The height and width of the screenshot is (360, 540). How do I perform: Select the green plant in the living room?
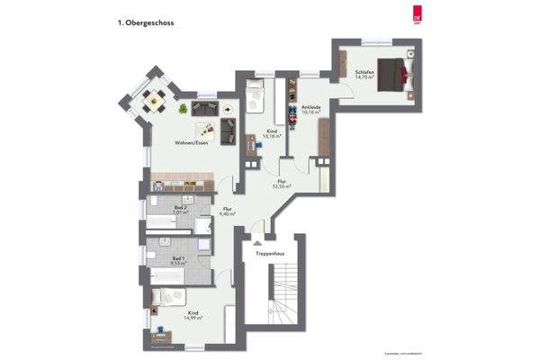point(184,109)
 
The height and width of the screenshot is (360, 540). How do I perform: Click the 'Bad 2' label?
point(181,208)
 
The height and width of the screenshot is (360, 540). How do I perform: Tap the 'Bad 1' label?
point(179,258)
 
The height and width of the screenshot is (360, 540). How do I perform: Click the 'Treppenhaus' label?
point(269,253)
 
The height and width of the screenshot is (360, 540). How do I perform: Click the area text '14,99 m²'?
point(193,317)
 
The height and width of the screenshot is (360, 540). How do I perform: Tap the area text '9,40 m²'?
point(228,214)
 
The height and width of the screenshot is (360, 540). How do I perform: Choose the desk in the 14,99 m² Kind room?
point(162,337)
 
